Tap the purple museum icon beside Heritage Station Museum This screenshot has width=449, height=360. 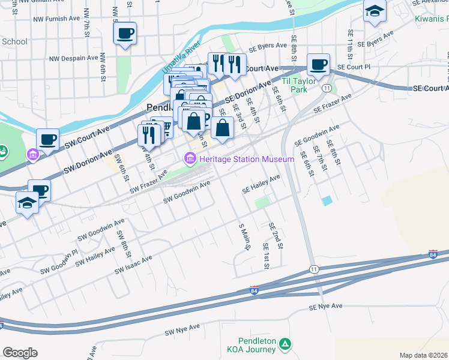click(x=190, y=159)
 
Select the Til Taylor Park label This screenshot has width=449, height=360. click(x=295, y=85)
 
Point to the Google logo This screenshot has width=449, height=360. click(x=20, y=353)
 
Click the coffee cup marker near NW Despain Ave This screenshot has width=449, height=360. click(x=125, y=34)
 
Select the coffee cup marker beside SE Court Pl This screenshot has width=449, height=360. click(x=318, y=64)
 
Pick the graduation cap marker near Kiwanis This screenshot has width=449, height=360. click(x=375, y=12)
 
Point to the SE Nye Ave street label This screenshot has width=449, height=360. click(x=325, y=307)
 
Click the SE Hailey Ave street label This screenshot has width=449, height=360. click(x=261, y=184)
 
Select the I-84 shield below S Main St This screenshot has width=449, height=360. click(x=255, y=290)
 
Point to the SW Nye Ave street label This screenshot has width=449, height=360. click(x=182, y=330)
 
